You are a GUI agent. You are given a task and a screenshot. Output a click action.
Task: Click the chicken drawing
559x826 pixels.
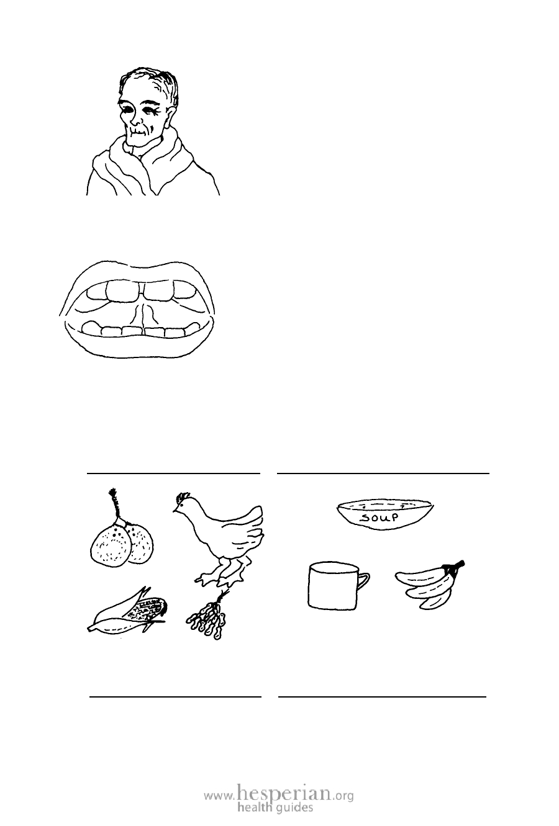point(221,539)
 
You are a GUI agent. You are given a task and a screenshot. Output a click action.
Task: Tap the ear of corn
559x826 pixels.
point(127,612)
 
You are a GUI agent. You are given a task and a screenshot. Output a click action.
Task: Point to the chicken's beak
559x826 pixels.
point(175,510)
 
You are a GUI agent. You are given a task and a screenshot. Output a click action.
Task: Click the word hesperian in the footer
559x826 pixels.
point(284,792)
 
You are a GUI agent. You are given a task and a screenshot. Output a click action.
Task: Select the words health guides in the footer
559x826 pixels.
point(275,807)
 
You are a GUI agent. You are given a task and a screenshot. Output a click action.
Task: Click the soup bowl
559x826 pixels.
point(385,514)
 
